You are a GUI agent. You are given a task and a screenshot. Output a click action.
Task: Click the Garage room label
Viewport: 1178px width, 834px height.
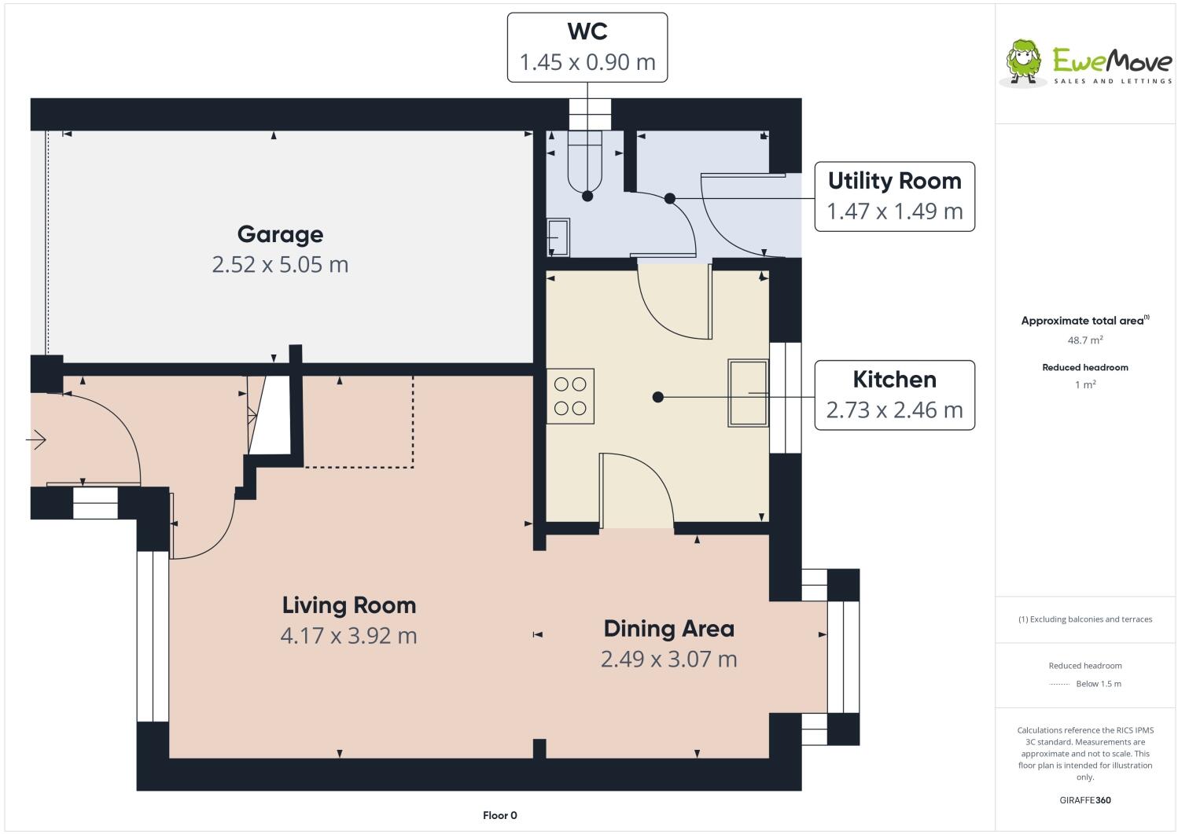click(280, 234)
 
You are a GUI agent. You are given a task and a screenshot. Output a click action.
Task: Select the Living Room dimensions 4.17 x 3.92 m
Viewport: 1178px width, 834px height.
click(348, 635)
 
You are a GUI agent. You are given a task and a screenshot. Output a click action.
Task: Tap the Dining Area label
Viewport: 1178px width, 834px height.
click(668, 629)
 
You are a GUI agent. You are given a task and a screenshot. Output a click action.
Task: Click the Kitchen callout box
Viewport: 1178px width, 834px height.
click(894, 395)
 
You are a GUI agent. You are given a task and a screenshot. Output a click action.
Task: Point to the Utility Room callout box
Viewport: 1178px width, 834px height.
click(894, 197)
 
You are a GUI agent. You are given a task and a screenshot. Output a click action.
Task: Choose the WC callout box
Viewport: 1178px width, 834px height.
click(587, 47)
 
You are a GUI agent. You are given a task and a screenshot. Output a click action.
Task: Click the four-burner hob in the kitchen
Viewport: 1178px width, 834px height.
click(570, 396)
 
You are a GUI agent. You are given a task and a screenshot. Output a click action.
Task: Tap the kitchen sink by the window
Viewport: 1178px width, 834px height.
click(747, 393)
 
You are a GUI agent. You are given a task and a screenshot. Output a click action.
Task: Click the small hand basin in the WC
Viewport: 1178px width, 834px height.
click(558, 237)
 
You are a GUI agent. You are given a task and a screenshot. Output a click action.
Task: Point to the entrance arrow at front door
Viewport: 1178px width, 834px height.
click(36, 440)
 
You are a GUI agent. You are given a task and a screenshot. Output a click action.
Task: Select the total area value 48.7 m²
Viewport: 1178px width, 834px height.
click(1084, 340)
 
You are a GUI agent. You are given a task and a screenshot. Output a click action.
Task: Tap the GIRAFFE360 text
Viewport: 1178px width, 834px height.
click(1085, 800)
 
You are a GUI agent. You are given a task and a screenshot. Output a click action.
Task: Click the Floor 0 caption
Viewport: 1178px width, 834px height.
click(499, 815)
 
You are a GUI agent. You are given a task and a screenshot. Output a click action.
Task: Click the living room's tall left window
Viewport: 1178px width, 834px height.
click(153, 636)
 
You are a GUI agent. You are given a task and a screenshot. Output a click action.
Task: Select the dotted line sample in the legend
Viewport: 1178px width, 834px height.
click(1059, 684)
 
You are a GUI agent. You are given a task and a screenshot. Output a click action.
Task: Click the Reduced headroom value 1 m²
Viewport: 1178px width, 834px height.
click(1084, 384)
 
